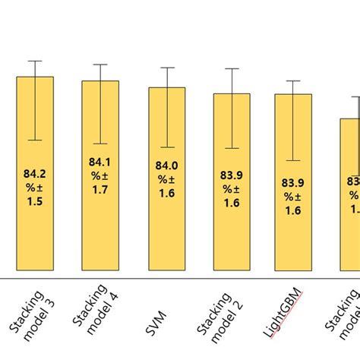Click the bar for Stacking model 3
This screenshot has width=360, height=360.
35,228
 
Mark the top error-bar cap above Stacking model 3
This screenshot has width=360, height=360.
35,61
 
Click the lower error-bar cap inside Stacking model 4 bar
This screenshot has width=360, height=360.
100,144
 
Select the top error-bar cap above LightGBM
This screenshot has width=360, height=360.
292,81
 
